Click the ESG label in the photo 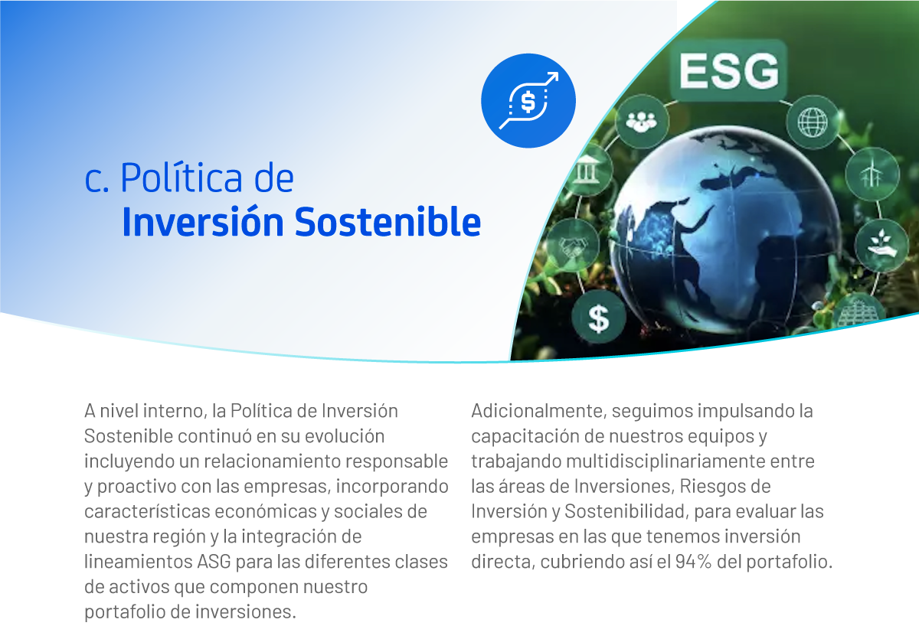tap(728, 70)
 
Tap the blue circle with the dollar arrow tap(528, 101)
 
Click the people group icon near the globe tap(642, 122)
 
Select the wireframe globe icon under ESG tap(813, 122)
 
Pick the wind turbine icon tap(872, 174)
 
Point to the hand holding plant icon tap(881, 246)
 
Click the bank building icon tap(587, 170)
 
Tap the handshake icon tap(573, 246)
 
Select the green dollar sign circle tap(599, 317)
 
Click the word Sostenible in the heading tap(388, 222)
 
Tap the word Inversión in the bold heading tap(203, 222)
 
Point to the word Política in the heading tap(181, 178)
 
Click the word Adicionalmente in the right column tap(538, 411)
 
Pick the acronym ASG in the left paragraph tap(214, 562)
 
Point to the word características tap(147, 511)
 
